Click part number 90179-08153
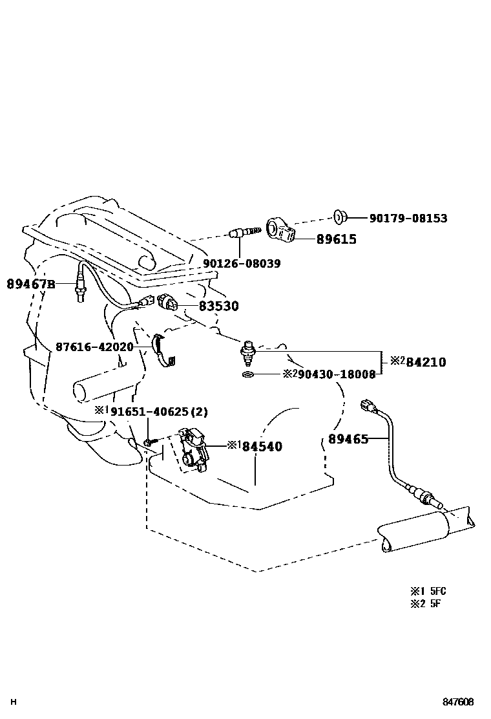point(408,219)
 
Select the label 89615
point(336,239)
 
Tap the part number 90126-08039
point(242,264)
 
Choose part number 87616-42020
point(94,347)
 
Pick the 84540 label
point(262,446)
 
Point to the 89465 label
point(348,439)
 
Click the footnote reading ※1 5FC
point(428,591)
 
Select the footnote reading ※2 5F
point(426,604)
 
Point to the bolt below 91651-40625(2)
point(148,442)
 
